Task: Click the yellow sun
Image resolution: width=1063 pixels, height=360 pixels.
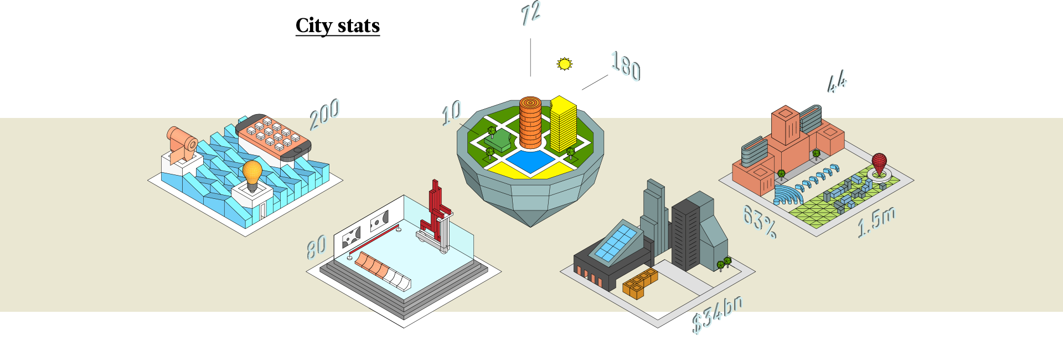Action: click(x=564, y=64)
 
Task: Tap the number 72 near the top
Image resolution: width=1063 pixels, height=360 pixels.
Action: click(x=531, y=13)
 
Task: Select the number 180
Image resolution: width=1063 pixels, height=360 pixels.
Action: click(x=626, y=65)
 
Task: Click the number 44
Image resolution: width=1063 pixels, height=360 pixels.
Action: click(x=838, y=82)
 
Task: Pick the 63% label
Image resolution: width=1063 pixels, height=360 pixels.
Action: click(x=759, y=220)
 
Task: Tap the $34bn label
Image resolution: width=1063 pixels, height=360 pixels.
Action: click(x=717, y=314)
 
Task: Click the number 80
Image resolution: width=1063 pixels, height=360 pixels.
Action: click(x=316, y=246)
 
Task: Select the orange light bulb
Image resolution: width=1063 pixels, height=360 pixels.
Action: click(x=252, y=173)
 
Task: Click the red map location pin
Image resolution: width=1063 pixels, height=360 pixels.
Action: click(x=879, y=163)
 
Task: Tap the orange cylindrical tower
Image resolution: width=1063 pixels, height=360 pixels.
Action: click(x=530, y=122)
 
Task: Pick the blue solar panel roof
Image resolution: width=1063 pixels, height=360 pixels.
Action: click(x=615, y=243)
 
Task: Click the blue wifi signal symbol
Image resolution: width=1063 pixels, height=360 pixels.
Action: click(x=786, y=194)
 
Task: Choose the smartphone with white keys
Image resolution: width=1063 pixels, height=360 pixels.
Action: click(x=274, y=136)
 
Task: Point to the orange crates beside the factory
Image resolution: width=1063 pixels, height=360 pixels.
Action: click(x=640, y=282)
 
